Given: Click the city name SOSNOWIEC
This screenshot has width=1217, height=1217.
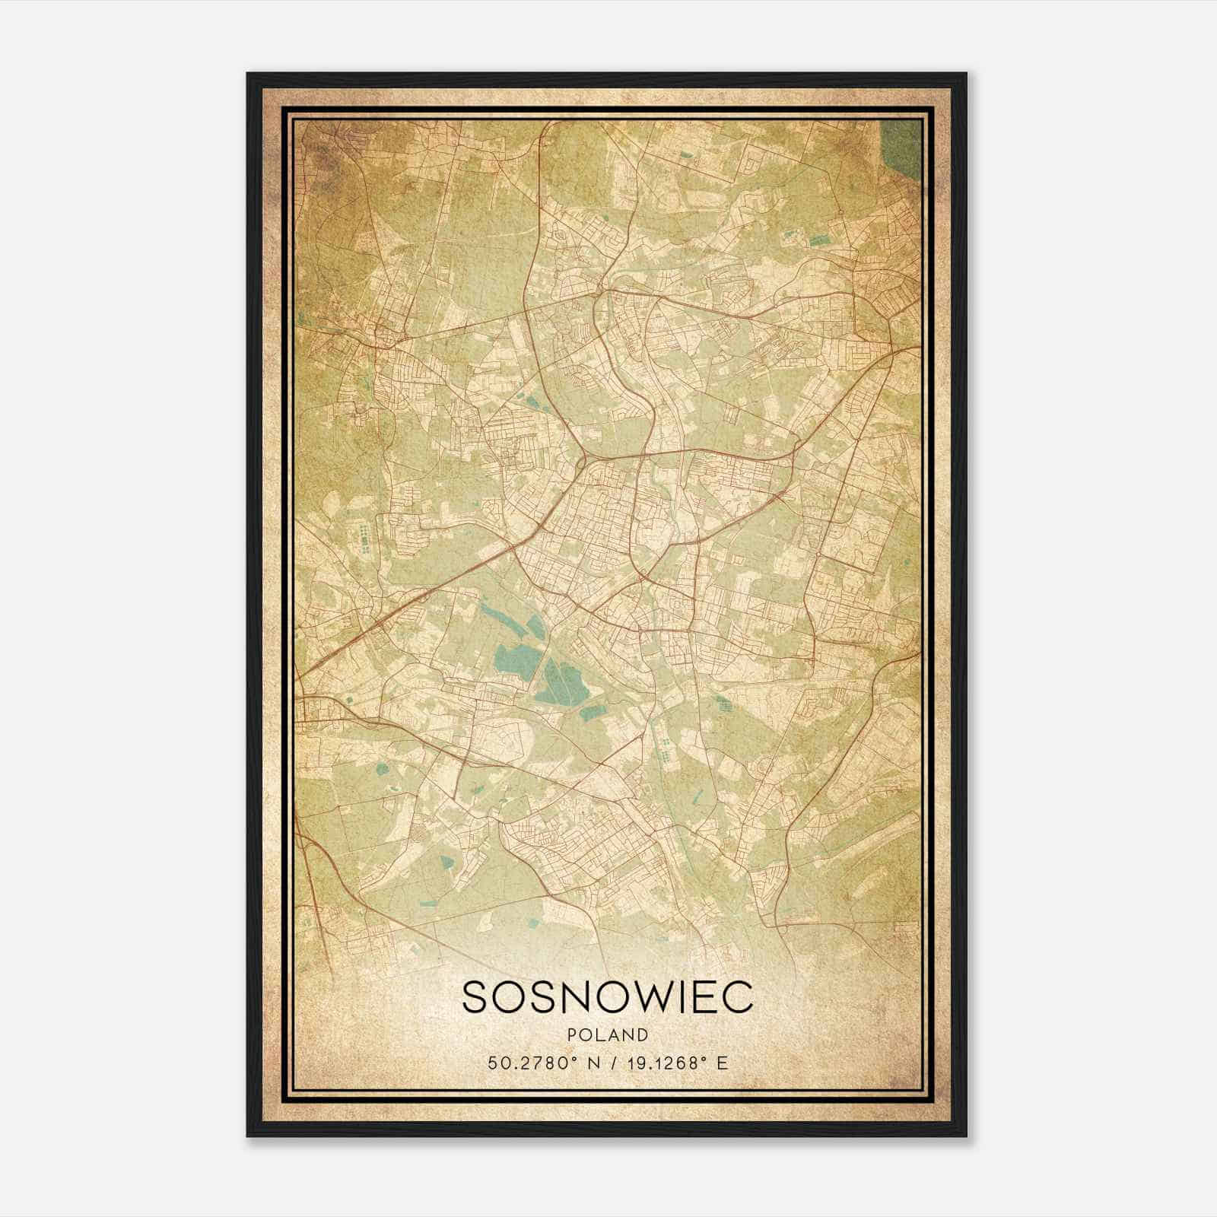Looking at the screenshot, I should click(x=607, y=997).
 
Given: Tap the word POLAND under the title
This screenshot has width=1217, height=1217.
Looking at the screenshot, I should click(x=607, y=1035).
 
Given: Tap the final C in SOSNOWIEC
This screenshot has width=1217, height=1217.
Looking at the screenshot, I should click(x=738, y=997).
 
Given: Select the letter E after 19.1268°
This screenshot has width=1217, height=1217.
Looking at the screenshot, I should click(x=723, y=1063).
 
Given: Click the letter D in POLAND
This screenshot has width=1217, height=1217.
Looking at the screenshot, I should click(x=643, y=1035).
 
